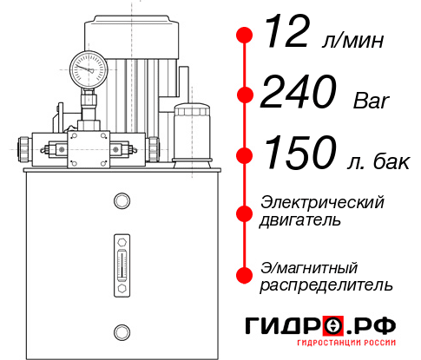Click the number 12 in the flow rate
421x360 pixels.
(286, 36)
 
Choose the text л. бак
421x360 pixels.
(378, 159)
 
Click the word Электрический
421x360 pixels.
(322, 202)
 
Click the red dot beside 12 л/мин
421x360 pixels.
(246, 36)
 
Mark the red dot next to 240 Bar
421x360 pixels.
(246, 95)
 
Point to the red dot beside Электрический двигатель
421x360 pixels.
(246, 211)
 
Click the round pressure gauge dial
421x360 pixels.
(89, 67)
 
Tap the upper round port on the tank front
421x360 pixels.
(121, 202)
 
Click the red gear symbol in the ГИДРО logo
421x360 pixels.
(334, 326)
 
